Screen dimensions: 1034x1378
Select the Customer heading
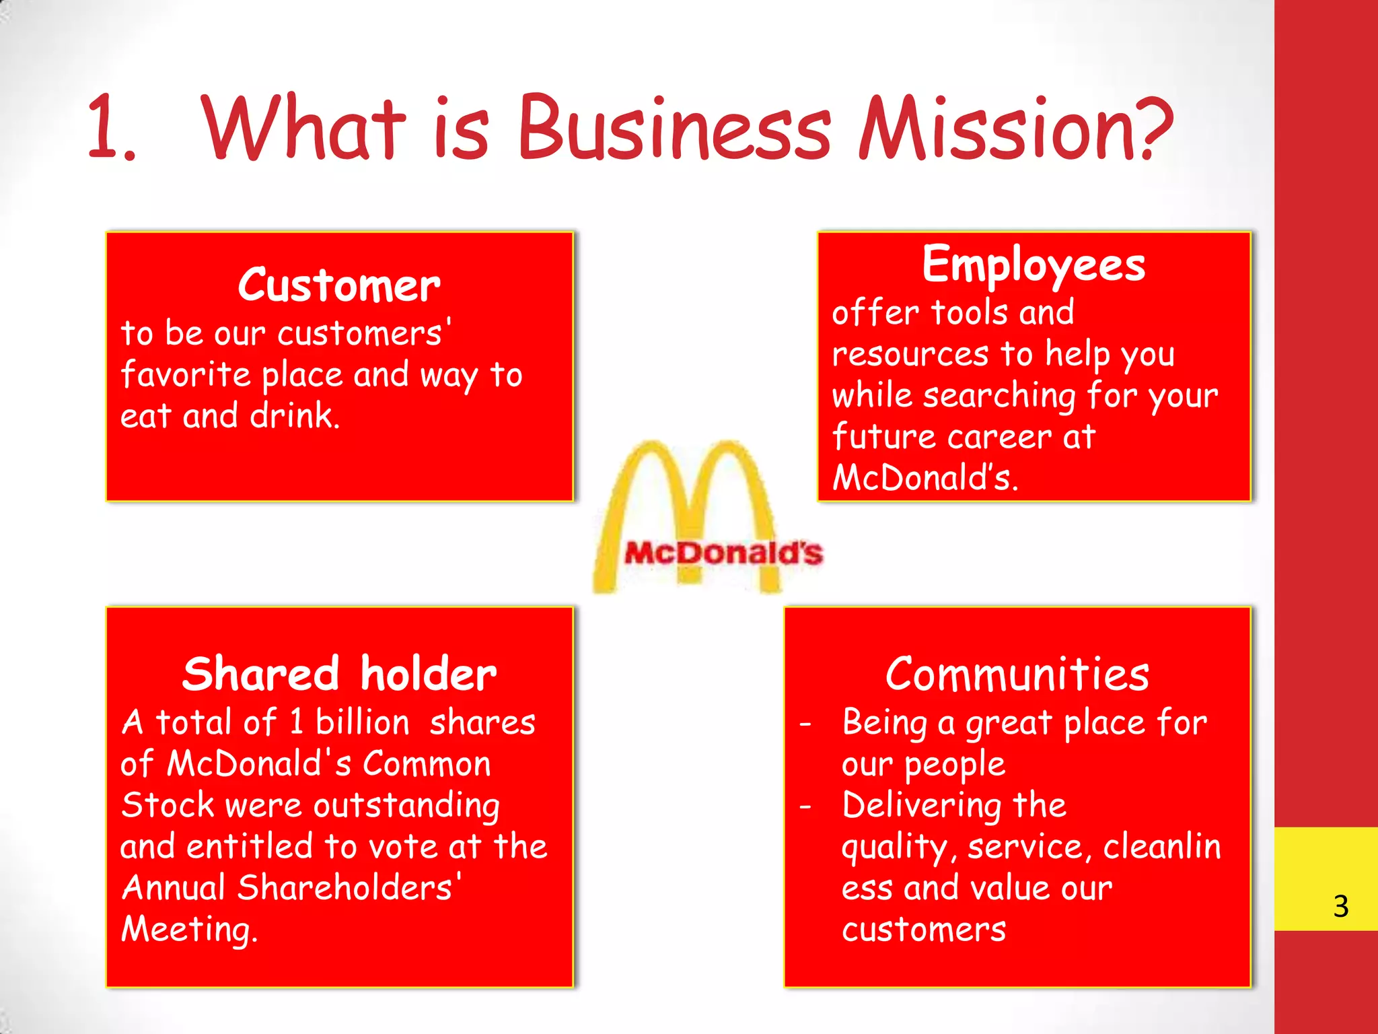339,285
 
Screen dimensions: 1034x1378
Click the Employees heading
1033,265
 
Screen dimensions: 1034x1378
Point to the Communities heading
1017,674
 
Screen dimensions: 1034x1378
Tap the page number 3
1341,906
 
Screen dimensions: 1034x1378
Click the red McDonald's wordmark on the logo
723,553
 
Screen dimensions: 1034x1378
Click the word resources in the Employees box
910,354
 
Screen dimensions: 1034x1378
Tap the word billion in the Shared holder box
362,722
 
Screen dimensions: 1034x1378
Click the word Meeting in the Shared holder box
188,930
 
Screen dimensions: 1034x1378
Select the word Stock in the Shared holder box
167,805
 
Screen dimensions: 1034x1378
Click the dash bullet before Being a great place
806,724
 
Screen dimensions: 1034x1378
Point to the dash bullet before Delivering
806,806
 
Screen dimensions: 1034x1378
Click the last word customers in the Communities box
924,930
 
